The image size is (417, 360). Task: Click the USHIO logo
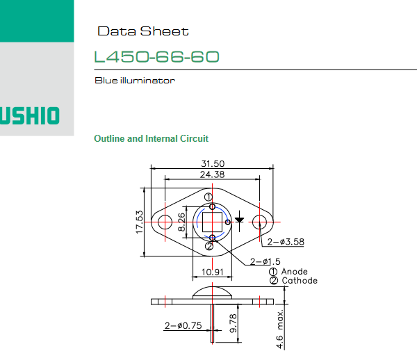click(x=29, y=115)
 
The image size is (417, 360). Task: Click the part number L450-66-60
click(x=156, y=56)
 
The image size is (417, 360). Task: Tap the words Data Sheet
click(x=143, y=31)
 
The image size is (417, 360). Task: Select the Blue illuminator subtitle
click(x=135, y=81)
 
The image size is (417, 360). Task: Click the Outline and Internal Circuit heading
click(x=151, y=138)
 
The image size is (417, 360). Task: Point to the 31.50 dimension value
click(x=213, y=163)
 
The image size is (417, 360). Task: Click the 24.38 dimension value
click(x=212, y=174)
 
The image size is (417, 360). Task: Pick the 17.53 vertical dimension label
click(x=140, y=222)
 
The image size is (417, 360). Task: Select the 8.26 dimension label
click(x=181, y=222)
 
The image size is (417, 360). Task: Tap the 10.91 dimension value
click(x=212, y=272)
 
